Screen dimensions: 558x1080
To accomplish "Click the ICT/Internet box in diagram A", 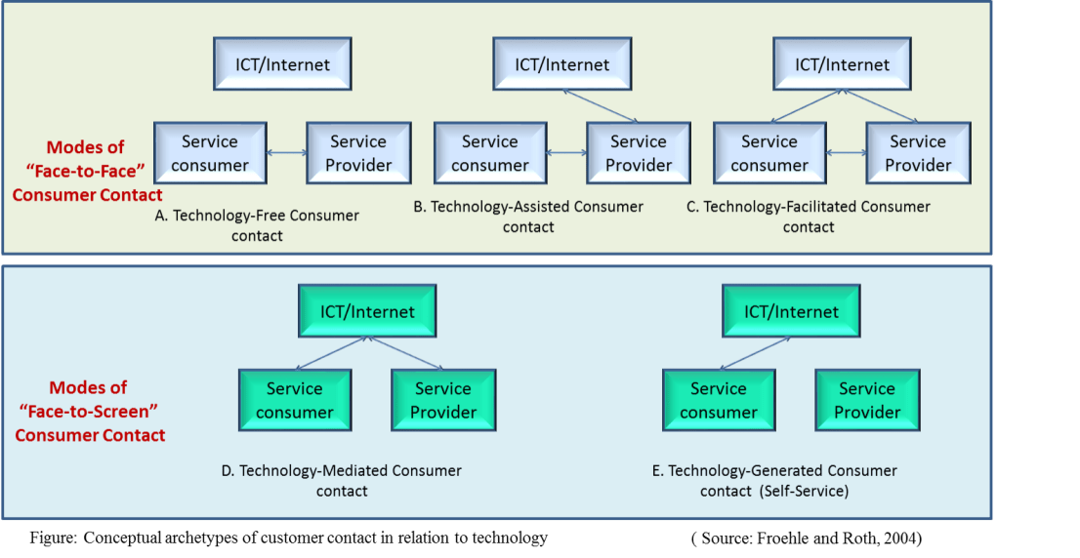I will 282,65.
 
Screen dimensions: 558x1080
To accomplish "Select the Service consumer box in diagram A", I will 210,153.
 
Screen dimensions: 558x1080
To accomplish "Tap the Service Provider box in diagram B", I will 639,153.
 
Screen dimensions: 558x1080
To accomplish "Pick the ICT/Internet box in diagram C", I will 842,65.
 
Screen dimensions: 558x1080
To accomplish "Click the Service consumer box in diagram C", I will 769,153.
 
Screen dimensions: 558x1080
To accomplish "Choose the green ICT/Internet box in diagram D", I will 367,312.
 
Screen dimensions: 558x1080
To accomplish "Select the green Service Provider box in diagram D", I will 443,400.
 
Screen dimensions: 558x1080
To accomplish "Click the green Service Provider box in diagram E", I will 867,400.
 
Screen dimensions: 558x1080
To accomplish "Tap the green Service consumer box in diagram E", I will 719,400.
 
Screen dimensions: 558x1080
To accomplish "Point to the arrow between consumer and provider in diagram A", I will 286,153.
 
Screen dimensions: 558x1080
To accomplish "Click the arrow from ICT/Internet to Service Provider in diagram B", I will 602,105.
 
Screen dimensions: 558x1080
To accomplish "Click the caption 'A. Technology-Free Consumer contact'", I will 257,225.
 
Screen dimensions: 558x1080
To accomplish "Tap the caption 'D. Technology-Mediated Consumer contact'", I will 342,481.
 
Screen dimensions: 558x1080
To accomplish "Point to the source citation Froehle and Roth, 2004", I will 811,538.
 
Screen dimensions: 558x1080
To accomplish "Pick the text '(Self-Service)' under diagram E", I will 802,491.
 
